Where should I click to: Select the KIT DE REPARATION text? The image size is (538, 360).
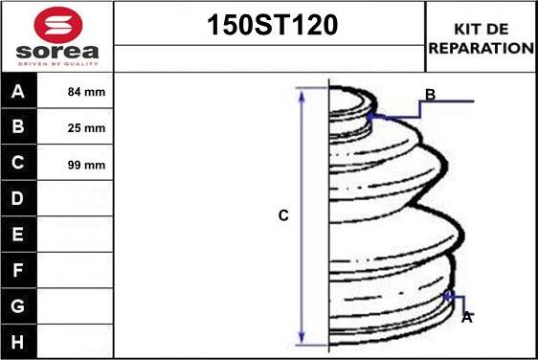pos(482,38)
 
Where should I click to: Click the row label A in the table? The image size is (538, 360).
pos(18,93)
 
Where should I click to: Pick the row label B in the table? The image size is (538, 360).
pos(18,128)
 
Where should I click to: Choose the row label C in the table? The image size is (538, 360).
pos(18,164)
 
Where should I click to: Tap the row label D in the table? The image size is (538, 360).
pos(18,199)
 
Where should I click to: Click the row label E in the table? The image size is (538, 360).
pos(18,235)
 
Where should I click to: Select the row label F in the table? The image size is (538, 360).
pos(18,270)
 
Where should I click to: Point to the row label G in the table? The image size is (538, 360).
pos(18,305)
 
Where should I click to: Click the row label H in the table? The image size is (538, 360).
pos(18,341)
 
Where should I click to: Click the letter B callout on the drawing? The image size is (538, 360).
pos(430,94)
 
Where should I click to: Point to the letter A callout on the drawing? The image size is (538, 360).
pos(466,317)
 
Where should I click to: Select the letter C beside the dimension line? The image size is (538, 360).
pos(283,216)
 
